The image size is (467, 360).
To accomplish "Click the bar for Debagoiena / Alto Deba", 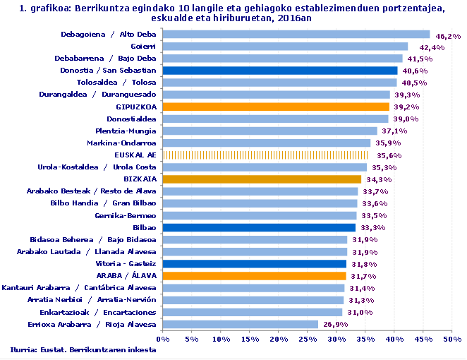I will tap(296, 34).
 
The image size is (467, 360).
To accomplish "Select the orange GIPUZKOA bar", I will tap(276, 107).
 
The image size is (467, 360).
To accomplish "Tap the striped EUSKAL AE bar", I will tap(265, 155).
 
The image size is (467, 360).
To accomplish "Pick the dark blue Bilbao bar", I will tap(259, 227).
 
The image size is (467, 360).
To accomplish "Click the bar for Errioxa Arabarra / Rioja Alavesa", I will tap(241, 324).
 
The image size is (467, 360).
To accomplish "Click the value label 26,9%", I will tap(333, 325).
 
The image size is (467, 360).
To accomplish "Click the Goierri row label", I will tap(143, 46).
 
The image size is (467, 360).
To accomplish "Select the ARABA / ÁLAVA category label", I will tap(126, 276).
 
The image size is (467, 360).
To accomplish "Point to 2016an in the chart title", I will tap(291, 19).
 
